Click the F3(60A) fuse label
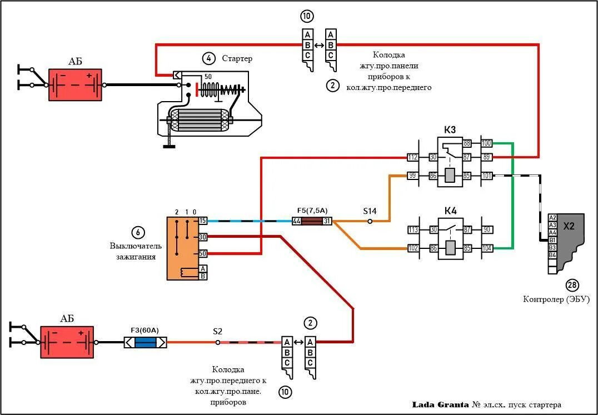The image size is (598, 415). pos(144,330)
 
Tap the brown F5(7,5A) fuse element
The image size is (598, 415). pos(312,221)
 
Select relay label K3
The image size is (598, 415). pos(450,130)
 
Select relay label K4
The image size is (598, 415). pos(450,211)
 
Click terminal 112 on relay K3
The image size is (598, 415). pos(412,157)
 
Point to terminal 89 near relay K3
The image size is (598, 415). pos(487,157)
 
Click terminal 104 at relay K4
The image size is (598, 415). pos(487,248)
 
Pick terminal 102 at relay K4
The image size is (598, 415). pos(412,248)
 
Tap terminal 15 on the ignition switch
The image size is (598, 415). pos(203,221)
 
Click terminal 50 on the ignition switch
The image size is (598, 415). pos(203,253)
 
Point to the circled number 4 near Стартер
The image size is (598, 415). pos(208,58)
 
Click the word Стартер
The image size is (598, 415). pos(237,58)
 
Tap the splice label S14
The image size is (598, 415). pos(370,211)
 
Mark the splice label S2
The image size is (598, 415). pos(218,331)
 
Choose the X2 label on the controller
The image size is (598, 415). pos(570,227)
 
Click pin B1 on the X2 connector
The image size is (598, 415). pos(552,240)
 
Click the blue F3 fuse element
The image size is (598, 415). pos(145,342)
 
